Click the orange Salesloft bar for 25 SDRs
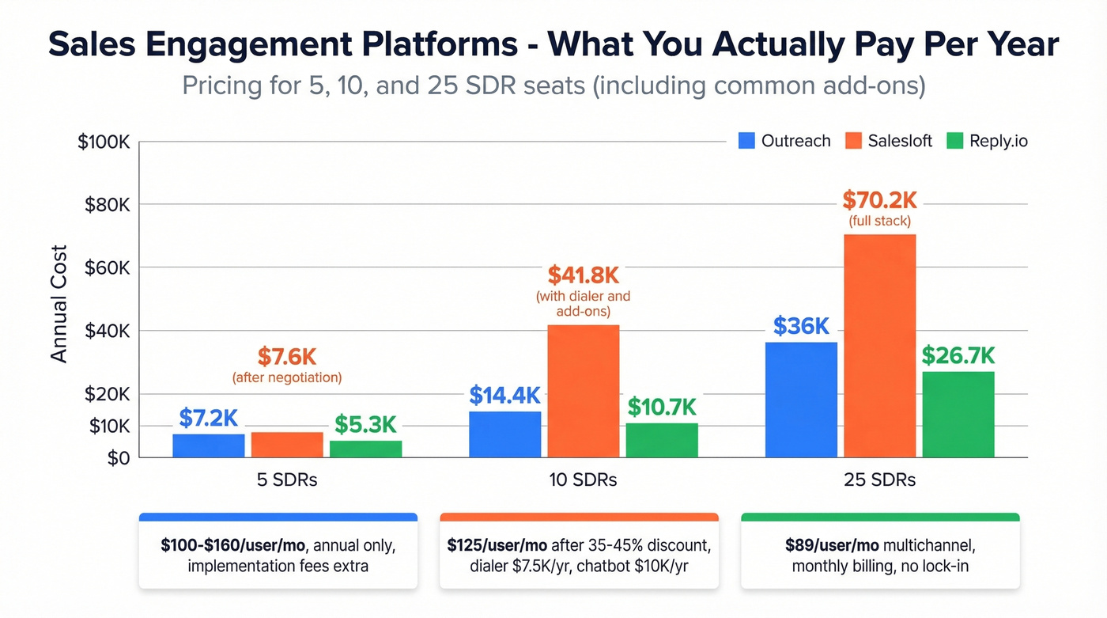click(x=879, y=346)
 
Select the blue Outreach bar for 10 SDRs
click(x=504, y=434)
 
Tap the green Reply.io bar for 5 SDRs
click(x=365, y=449)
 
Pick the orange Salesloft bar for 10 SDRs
click(x=583, y=391)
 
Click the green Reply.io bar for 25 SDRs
click(x=958, y=414)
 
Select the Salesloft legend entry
click(x=889, y=141)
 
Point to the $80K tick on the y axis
click(x=107, y=205)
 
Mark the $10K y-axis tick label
click(x=107, y=427)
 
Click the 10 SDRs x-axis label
click(x=583, y=480)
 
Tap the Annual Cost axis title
click(x=59, y=305)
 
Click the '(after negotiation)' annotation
click(x=287, y=377)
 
